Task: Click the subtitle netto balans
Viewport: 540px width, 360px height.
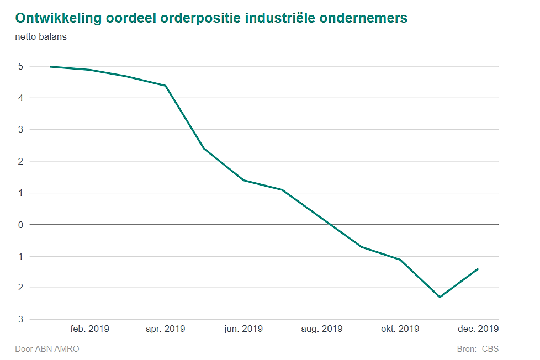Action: (41, 38)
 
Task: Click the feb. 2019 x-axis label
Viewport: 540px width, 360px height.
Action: (89, 329)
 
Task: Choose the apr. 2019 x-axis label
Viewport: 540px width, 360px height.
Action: (165, 329)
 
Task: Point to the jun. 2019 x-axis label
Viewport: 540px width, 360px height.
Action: (243, 329)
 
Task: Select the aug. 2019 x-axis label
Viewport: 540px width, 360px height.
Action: (322, 329)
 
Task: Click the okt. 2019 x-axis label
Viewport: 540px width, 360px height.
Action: (400, 329)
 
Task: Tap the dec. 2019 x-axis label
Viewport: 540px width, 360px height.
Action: (478, 329)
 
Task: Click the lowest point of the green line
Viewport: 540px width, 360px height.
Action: (440, 297)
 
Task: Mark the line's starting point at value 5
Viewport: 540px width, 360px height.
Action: (51, 67)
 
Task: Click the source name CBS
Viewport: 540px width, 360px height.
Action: (490, 349)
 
